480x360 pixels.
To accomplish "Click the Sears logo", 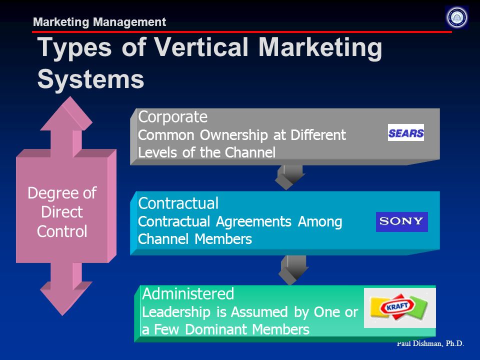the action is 406,132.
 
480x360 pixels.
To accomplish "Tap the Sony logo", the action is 401,221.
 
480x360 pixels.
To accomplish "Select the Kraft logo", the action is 400,307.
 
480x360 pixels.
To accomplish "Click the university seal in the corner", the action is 456,17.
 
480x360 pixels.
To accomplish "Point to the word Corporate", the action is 172,117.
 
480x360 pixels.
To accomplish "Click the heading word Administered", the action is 188,294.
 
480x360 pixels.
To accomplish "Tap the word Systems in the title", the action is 90,78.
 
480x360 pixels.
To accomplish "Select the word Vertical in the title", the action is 201,47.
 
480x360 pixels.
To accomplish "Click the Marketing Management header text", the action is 99,22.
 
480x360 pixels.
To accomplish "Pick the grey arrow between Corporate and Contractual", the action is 289,177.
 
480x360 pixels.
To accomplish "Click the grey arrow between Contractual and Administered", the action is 293,269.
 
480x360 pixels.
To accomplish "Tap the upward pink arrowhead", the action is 66,114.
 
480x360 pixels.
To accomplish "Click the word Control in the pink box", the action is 62,231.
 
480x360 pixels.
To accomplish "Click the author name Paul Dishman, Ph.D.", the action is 430,344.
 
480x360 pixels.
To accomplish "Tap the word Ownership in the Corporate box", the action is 234,135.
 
